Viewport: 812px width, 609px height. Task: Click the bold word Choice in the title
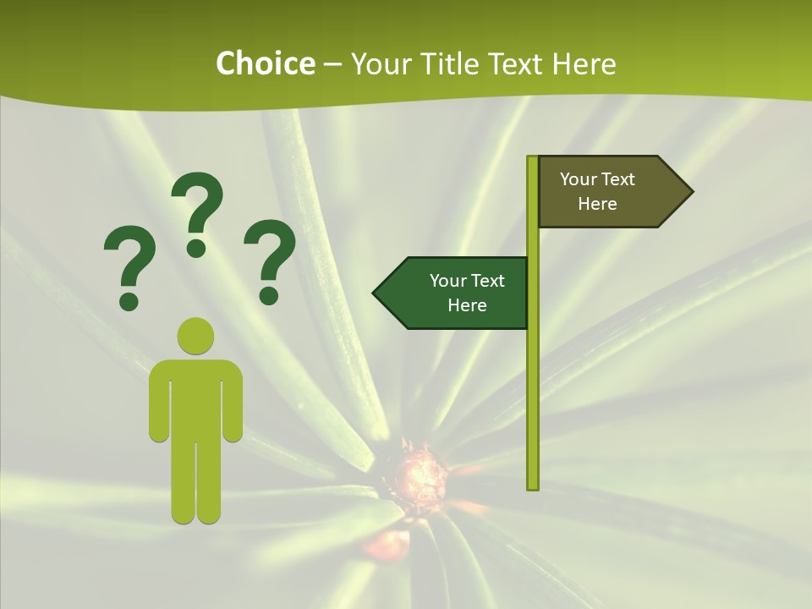265,64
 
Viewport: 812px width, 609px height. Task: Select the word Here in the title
584,64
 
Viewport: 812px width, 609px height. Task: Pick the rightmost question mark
270,261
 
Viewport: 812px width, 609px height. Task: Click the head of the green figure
195,335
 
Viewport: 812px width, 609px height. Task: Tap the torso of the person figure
195,398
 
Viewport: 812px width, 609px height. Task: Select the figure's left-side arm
158,402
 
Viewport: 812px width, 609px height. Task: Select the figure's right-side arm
233,402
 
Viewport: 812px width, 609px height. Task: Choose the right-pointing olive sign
609,192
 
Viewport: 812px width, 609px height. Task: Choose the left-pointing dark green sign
457,293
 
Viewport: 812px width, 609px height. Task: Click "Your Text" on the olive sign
597,179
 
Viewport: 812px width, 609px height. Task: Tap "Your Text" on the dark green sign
467,281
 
